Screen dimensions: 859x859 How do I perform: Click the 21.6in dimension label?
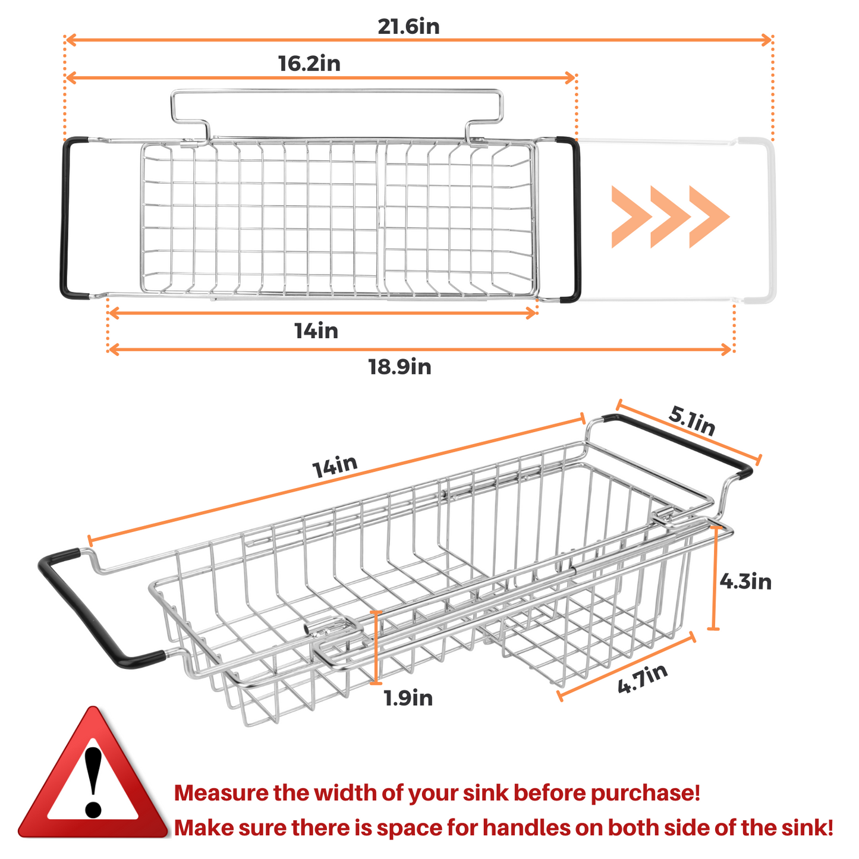[408, 26]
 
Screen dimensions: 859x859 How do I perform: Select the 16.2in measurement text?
[309, 63]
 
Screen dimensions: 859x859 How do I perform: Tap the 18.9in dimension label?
[399, 367]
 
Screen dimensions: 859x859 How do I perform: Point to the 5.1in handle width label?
[691, 420]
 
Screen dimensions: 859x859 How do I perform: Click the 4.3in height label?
[745, 582]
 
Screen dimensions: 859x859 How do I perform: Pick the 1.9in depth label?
[408, 698]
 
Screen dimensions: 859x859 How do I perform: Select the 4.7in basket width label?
[643, 679]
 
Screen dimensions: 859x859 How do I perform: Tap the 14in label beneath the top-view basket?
[316, 331]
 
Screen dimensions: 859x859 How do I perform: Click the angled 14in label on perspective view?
[335, 466]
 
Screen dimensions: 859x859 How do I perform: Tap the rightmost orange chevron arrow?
[709, 216]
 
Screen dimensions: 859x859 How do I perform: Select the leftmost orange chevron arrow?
[632, 216]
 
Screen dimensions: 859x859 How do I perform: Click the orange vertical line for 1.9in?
[376, 647]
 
